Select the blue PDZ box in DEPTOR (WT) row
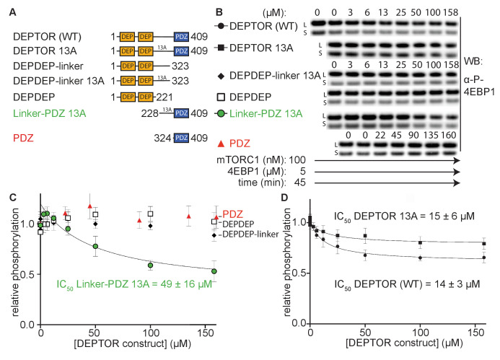[181, 33]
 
